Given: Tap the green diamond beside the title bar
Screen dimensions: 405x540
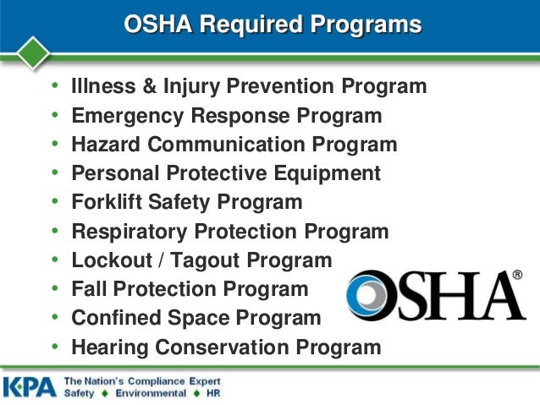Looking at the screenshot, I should point(33,51).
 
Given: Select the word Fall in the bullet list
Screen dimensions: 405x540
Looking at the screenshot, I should point(86,289).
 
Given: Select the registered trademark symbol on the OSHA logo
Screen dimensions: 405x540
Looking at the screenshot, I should point(517,276).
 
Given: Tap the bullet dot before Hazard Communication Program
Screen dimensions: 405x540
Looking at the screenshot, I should point(55,144).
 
